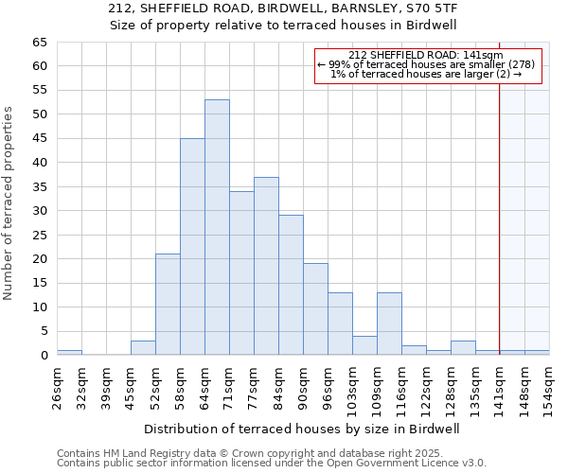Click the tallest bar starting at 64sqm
click(217, 227)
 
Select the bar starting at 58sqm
click(192, 246)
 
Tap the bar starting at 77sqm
click(266, 266)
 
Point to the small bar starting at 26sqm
click(69, 352)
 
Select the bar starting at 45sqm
click(143, 347)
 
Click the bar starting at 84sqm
click(291, 285)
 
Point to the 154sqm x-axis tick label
click(550, 388)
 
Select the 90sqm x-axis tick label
click(304, 388)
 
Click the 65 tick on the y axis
click(39, 43)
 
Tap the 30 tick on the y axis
click(39, 211)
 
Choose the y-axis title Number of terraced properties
click(9, 203)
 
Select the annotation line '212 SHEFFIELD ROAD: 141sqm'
click(426, 55)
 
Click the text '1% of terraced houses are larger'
click(426, 74)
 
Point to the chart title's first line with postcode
click(284, 9)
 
